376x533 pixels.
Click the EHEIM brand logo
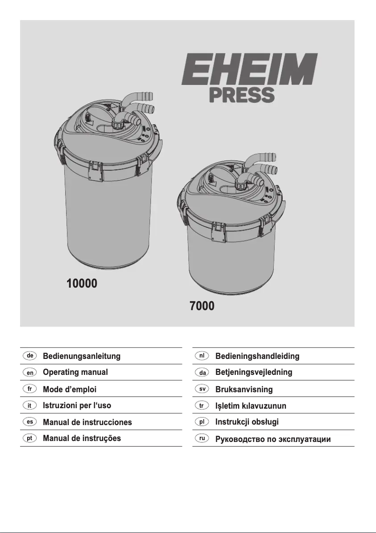[249, 69]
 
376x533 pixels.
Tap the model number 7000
[202, 307]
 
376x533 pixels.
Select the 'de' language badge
[30, 356]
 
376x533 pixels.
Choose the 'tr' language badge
[202, 405]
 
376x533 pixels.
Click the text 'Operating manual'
[75, 373]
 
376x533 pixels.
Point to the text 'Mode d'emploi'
[70, 389]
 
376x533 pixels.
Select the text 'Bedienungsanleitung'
[82, 356]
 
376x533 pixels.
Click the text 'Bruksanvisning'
[244, 389]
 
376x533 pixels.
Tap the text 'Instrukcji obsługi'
[247, 422]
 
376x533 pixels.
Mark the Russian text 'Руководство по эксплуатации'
[273, 440]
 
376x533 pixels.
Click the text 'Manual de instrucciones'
[87, 422]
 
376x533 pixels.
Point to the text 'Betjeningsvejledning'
[254, 373]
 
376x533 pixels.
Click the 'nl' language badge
[202, 356]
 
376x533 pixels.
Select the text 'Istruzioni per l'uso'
[77, 405]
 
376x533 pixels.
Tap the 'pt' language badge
[30, 438]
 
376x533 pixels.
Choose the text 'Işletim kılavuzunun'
[251, 406]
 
